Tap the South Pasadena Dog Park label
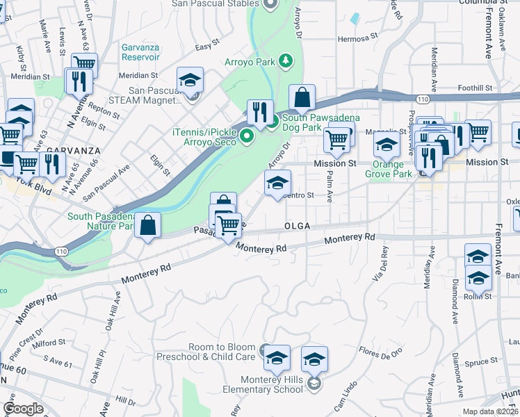tap(320, 123)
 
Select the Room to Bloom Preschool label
tap(221, 352)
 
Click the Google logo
tap(23, 409)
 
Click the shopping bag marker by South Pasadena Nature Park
tap(148, 225)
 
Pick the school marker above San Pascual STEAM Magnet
tap(189, 79)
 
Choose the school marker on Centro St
tap(277, 183)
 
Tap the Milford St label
tap(49, 342)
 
